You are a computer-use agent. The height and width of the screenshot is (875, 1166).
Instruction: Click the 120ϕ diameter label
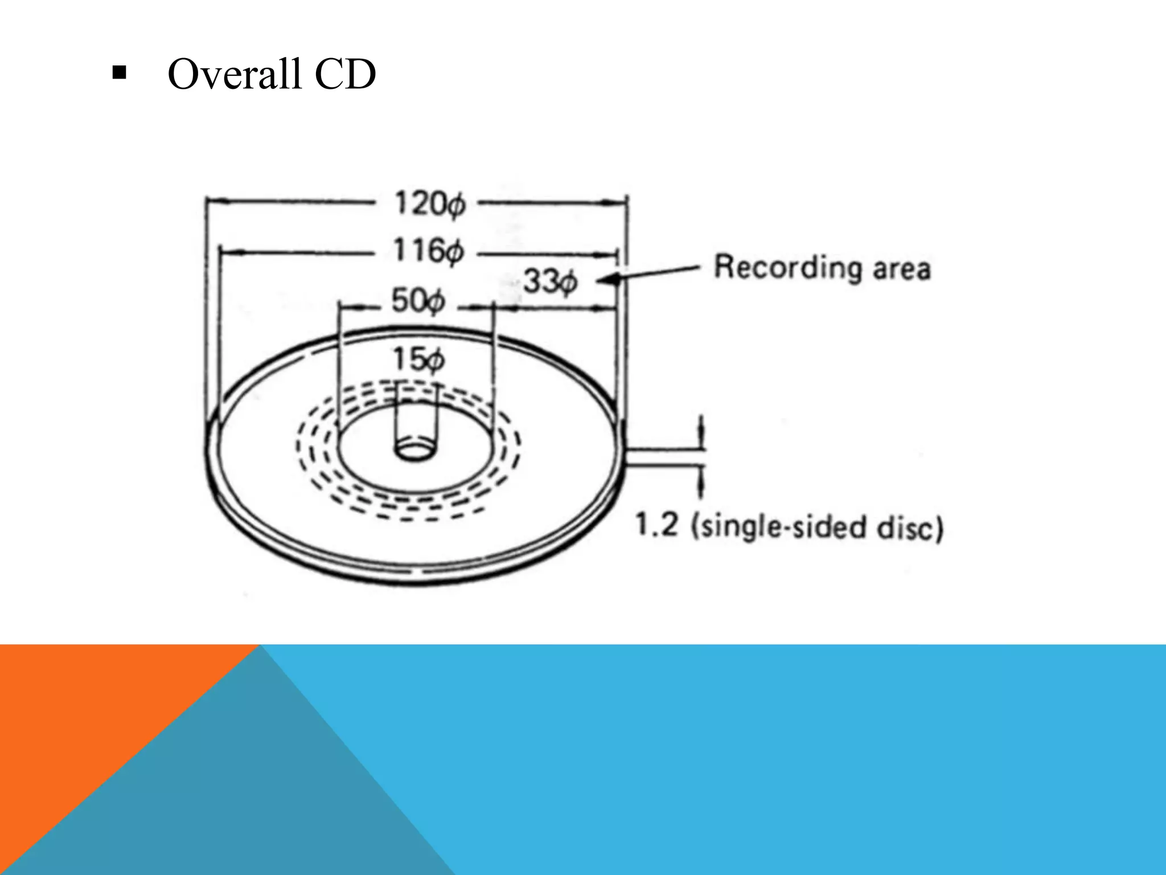[430, 204]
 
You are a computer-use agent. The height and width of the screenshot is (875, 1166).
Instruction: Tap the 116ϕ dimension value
[429, 251]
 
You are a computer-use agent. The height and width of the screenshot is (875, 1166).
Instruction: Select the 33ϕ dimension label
[550, 281]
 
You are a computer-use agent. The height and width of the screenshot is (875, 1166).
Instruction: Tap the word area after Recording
[902, 269]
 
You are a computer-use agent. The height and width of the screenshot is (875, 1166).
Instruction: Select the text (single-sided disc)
[817, 527]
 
